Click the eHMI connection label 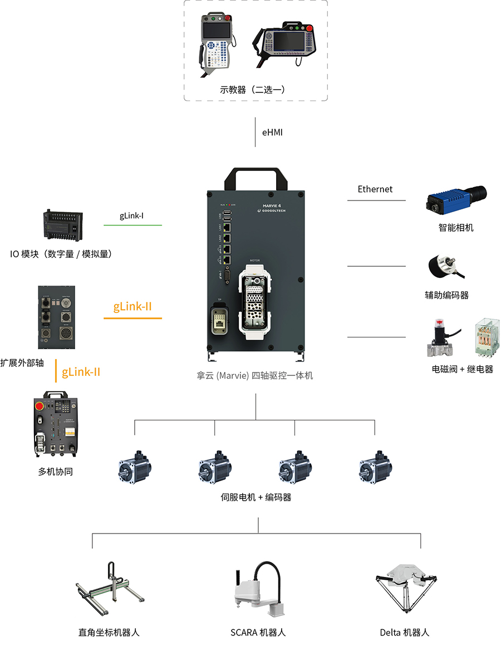pyautogui.click(x=272, y=133)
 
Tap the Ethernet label pyautogui.click(x=375, y=189)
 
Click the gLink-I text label pyautogui.click(x=132, y=215)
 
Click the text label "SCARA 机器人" pyautogui.click(x=258, y=633)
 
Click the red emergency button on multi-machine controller pyautogui.click(x=40, y=405)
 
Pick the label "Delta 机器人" pyautogui.click(x=405, y=633)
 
